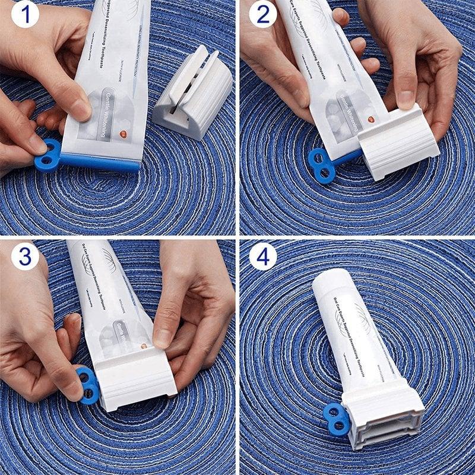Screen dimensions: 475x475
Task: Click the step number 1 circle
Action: tap(24, 15)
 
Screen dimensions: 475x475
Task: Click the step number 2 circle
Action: tap(262, 15)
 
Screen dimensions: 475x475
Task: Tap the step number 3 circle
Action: tap(24, 256)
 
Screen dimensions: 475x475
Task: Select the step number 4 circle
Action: tap(262, 256)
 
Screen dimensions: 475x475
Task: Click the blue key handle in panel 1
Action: tap(47, 154)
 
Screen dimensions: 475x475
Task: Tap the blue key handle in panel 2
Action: tap(321, 165)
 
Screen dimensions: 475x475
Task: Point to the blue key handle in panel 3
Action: tap(87, 384)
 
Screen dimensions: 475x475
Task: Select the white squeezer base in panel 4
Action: tap(383, 419)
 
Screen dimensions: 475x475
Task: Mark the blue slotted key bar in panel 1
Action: tap(101, 160)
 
